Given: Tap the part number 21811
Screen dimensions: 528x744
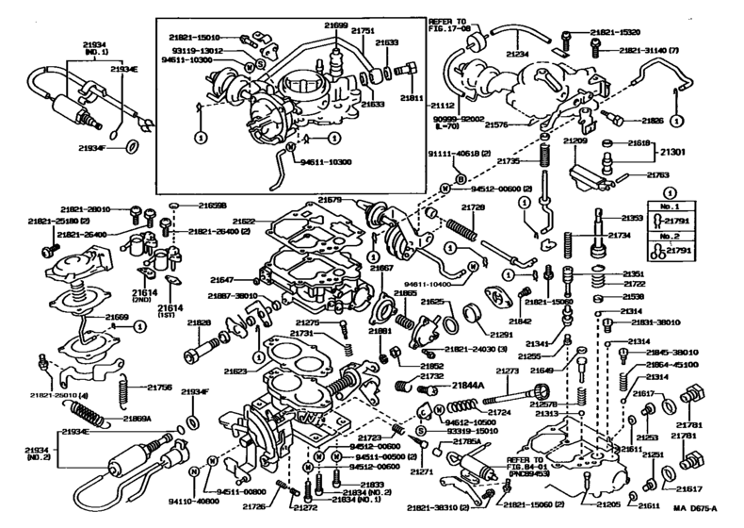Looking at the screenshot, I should click(x=412, y=96).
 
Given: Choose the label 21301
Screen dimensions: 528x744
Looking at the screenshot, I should click(x=697, y=153).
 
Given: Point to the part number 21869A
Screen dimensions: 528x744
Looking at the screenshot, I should click(x=136, y=417).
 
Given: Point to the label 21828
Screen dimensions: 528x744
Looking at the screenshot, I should click(x=198, y=322).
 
